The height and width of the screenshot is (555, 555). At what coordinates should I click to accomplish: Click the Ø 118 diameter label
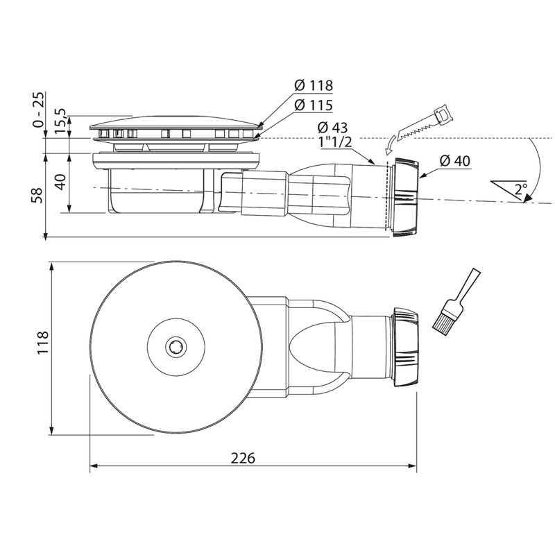click(313, 86)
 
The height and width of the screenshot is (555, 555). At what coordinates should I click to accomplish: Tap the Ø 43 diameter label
click(332, 128)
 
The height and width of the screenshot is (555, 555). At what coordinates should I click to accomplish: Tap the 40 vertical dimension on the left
click(61, 182)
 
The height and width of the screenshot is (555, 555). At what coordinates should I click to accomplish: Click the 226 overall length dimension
click(244, 459)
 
